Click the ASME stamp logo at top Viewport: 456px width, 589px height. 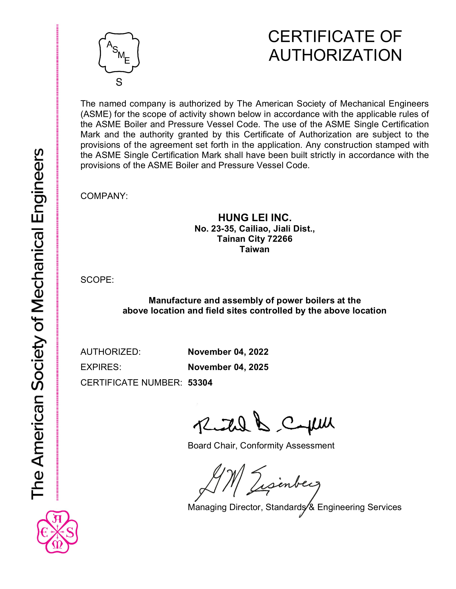click(119, 53)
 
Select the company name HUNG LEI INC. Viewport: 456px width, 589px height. click(255, 217)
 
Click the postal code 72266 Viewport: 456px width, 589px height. click(280, 239)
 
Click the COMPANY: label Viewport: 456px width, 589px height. click(104, 196)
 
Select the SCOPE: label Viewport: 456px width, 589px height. click(97, 280)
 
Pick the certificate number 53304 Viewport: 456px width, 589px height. click(200, 382)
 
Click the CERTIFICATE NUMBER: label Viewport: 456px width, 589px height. click(131, 382)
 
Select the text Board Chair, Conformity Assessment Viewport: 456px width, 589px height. click(261, 445)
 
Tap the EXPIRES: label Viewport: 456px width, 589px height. click(101, 367)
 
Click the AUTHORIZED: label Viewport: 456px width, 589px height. click(111, 352)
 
